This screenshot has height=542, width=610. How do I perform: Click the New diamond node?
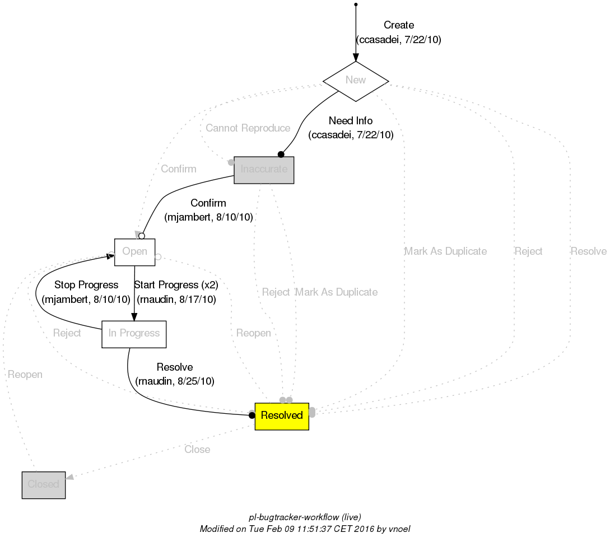[356, 81]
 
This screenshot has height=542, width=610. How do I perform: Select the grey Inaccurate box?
[264, 170]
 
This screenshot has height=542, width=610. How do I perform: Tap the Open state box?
[134, 252]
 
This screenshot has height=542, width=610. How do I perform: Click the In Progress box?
[134, 334]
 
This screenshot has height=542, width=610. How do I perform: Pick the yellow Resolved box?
[282, 415]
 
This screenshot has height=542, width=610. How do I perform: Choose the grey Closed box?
[44, 484]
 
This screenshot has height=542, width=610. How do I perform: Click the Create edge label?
[399, 25]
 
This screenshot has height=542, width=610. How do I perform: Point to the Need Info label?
[351, 121]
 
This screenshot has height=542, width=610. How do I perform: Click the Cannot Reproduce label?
[248, 128]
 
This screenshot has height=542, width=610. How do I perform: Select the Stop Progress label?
[86, 286]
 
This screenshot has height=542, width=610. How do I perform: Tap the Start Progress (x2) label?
[176, 285]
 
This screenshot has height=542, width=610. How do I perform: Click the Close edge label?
[197, 450]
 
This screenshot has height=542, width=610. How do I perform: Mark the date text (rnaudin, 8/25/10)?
[175, 381]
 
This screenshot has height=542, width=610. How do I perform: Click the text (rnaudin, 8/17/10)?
[176, 299]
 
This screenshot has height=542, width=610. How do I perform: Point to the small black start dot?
[356, 5]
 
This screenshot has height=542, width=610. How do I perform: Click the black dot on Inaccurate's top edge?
[281, 155]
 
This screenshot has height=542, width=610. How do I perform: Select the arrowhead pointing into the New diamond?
[356, 57]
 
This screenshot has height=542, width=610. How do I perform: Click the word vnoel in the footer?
[399, 529]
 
